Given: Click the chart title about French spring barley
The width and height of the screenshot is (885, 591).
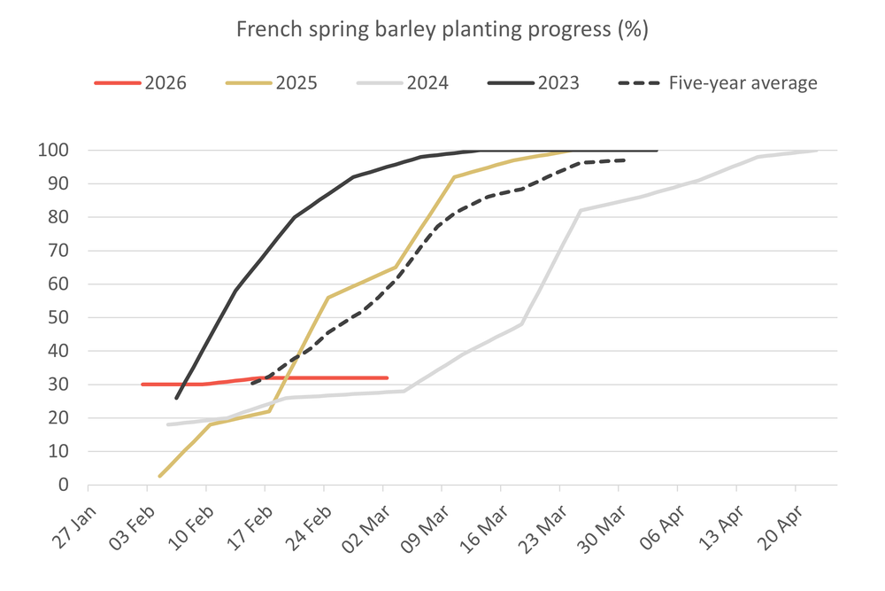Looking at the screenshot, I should point(442,29).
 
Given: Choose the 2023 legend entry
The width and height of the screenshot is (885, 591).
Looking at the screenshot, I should point(534,83).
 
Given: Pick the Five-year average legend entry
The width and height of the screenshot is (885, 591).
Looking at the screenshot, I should point(717,83).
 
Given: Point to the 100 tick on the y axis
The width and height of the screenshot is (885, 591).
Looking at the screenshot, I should point(54,151).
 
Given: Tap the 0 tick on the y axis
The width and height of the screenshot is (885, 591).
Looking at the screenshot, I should point(63,486).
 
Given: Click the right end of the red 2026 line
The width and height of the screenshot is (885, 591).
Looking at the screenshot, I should point(388,377).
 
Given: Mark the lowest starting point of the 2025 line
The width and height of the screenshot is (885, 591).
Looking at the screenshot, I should point(159,477).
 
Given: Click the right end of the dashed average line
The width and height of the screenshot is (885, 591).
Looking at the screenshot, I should point(625,160).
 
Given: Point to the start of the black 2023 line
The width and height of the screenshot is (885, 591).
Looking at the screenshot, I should point(176,398).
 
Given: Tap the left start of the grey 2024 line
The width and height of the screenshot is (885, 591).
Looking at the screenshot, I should point(167,424).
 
